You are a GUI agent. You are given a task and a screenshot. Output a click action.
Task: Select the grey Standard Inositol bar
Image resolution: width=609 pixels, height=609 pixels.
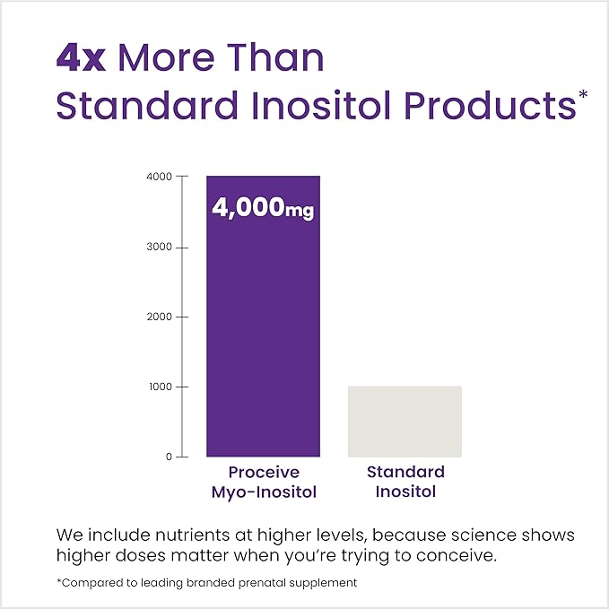click(405, 422)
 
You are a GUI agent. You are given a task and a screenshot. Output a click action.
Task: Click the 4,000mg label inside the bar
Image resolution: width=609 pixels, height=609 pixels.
click(263, 208)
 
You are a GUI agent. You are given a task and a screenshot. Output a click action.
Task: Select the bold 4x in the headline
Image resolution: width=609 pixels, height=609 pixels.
click(82, 57)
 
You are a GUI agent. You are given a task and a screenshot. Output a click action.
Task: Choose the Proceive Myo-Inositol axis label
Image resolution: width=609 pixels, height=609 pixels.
click(263, 481)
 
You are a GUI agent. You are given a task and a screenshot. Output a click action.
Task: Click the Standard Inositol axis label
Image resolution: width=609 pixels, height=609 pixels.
click(405, 481)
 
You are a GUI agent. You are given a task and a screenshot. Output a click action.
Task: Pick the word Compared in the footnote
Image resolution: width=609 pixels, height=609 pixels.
click(92, 582)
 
